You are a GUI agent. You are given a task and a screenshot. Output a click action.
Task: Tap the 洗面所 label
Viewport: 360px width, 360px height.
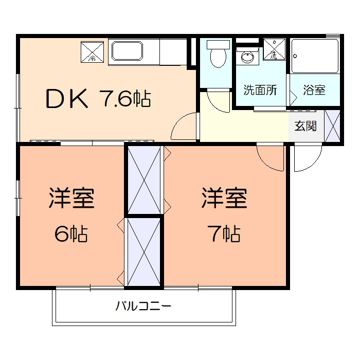[x=260, y=90]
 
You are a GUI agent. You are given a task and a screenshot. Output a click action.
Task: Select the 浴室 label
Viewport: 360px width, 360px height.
[x=314, y=90]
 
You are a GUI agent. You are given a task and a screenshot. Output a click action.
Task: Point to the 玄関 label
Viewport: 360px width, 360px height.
[x=305, y=126]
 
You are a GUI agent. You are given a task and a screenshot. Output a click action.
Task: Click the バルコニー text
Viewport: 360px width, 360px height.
[x=143, y=307]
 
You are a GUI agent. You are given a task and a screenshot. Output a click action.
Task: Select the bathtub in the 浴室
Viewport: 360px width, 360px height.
[x=315, y=57]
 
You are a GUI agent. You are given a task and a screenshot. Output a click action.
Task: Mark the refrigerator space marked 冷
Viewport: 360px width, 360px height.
[x=93, y=51]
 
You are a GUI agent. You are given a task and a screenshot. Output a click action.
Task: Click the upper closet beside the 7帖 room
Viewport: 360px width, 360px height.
[x=145, y=179]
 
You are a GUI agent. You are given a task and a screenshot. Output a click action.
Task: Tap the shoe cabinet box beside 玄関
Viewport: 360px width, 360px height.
[x=332, y=126]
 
